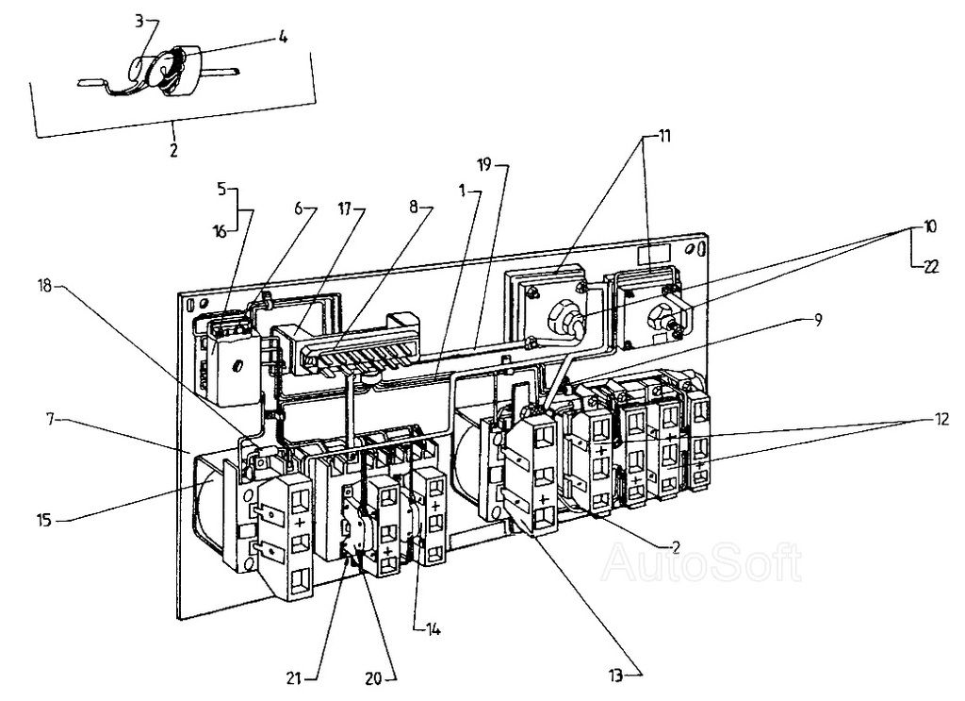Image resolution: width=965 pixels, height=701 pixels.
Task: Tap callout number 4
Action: coord(283,40)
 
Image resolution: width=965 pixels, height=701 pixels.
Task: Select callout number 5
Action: coord(221,187)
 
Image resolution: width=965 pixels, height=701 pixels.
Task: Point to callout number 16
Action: coord(220,229)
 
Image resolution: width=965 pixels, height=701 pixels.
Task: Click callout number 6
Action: coord(299,209)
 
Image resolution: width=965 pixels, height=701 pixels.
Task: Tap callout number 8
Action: coord(416,209)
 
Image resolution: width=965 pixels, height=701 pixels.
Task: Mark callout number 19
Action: coord(484,167)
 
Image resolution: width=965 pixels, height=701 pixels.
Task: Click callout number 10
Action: coord(930,227)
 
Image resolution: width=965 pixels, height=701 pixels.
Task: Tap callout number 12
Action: coord(941,416)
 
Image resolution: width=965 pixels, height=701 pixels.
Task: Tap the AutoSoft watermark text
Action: coord(702,563)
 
